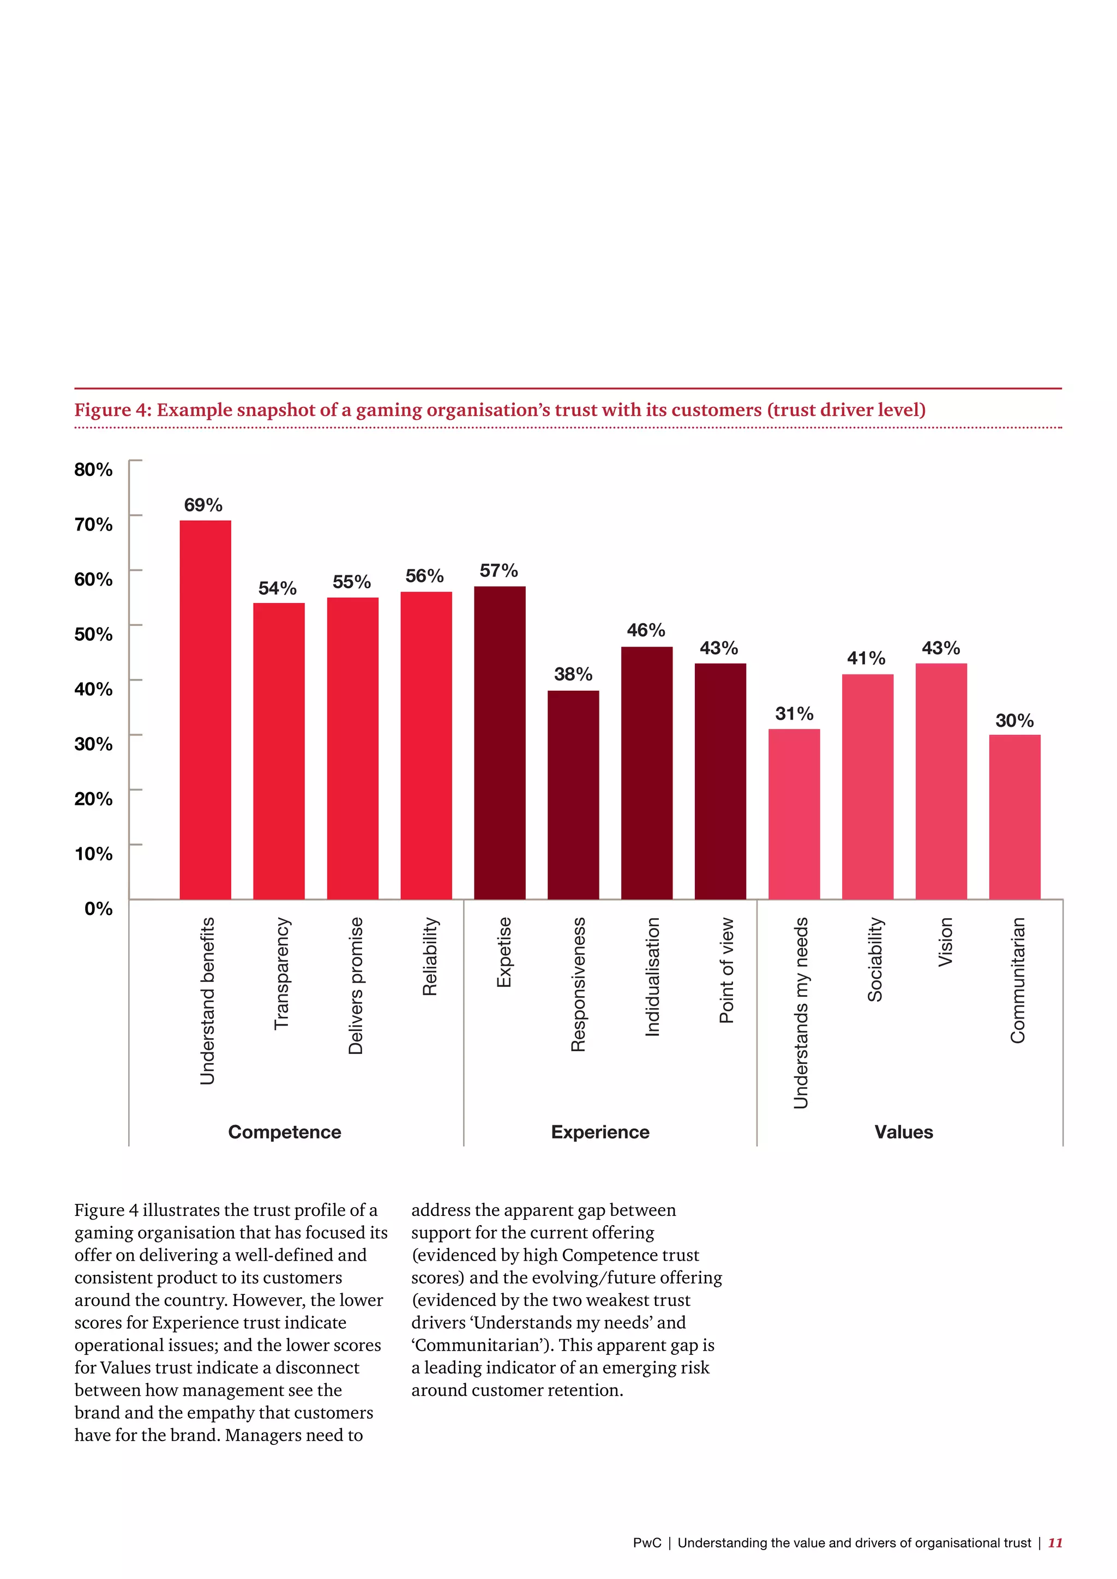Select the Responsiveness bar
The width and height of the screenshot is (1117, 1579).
(573, 794)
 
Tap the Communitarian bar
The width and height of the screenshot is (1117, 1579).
(1014, 816)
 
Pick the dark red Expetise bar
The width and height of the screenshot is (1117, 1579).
(500, 742)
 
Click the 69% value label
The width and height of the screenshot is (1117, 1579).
(203, 505)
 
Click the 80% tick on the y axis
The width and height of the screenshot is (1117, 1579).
(94, 469)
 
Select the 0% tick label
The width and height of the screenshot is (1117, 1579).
(98, 908)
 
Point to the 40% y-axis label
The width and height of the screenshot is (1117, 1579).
(94, 689)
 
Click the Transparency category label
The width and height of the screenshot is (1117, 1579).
(282, 973)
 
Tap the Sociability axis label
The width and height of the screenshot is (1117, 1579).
(874, 960)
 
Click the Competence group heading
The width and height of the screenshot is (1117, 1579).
(284, 1132)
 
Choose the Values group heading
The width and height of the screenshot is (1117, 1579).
(903, 1132)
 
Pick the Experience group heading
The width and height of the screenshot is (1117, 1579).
(600, 1132)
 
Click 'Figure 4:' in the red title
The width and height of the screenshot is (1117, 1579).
(112, 410)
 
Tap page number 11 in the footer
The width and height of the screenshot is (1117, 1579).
(1054, 1542)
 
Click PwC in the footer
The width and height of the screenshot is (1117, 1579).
(646, 1542)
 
